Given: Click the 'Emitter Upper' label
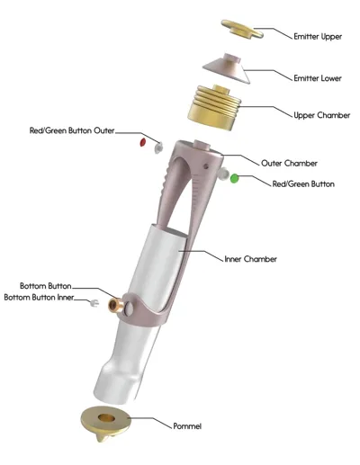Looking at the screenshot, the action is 318,37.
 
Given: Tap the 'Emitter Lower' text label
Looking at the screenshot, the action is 318,78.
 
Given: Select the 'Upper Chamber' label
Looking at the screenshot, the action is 321,115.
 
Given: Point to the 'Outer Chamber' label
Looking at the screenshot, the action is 289,164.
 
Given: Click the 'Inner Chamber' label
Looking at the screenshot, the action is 250,259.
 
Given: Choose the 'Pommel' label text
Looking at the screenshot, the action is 187,426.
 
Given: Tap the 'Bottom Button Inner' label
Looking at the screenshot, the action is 39,298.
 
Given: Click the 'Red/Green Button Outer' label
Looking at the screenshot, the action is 72,130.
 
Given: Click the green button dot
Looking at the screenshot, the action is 234,179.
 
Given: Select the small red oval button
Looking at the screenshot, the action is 143,142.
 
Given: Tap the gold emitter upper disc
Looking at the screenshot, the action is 242,29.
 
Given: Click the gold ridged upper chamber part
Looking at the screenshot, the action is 214,107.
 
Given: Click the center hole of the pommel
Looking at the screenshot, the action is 106,417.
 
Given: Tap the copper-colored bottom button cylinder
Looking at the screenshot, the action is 116,305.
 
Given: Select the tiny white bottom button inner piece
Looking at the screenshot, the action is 94,303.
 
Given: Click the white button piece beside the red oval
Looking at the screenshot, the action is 158,147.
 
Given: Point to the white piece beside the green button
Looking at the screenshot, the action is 223,174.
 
